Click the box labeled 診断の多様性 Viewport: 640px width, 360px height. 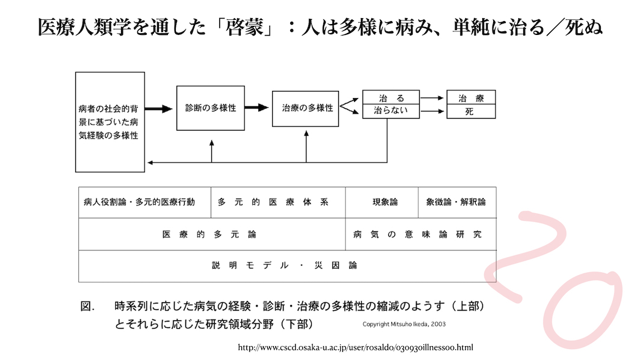pos(211,108)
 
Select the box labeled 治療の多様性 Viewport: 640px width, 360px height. pos(305,108)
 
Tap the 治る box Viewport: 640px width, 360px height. pos(391,98)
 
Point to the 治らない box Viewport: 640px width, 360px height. pos(391,111)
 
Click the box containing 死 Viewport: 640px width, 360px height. pos(471,112)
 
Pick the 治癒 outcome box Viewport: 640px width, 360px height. pos(471,98)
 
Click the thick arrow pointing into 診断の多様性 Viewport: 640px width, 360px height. pos(159,108)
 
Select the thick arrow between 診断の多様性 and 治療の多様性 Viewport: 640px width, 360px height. pos(256,108)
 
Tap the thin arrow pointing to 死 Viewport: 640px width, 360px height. pos(432,111)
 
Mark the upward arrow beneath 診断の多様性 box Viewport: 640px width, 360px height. pos(211,151)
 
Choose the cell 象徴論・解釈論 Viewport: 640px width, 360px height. pos(457,202)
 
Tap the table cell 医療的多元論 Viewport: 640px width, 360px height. pos(212,234)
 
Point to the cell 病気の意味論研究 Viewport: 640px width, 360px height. pos(421,234)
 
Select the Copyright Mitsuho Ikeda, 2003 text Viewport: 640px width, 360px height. pos(404,324)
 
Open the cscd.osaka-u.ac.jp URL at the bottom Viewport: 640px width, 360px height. pos(355,348)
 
